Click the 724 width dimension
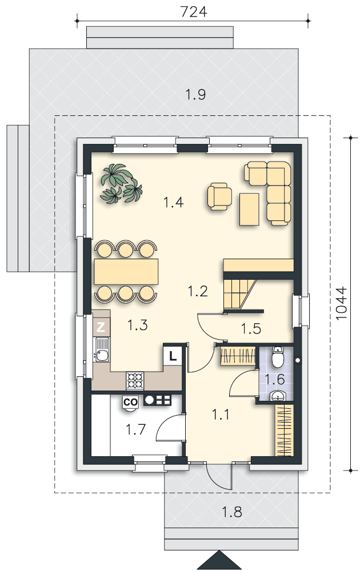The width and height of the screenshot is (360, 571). [x=194, y=11]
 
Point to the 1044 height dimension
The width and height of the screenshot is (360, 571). [x=341, y=304]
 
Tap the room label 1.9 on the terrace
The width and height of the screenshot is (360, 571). [x=195, y=94]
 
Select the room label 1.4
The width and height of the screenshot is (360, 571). [x=173, y=202]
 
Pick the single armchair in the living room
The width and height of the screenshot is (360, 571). [x=219, y=196]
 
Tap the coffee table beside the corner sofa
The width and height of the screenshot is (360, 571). [x=249, y=210]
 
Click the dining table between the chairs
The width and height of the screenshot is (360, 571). [x=126, y=271]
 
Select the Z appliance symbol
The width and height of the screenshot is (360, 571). [x=101, y=327]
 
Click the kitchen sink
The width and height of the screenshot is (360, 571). [x=102, y=349]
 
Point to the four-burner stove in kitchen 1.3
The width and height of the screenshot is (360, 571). [x=135, y=380]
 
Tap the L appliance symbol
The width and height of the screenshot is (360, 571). [x=173, y=356]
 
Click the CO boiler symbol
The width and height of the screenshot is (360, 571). [x=130, y=402]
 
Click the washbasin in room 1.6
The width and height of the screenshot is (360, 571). [x=279, y=396]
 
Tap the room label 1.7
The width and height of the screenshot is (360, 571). [x=135, y=429]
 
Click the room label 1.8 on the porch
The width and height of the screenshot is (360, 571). [x=232, y=512]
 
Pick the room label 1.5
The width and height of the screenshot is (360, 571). [x=251, y=328]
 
